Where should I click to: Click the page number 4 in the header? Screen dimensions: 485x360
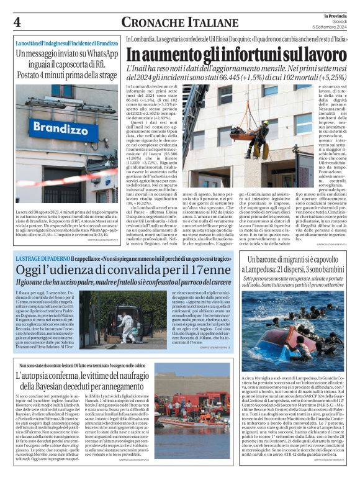[17, 21]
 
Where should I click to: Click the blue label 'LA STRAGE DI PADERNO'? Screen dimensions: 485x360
[40, 258]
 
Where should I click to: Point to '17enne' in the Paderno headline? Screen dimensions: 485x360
[199, 270]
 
